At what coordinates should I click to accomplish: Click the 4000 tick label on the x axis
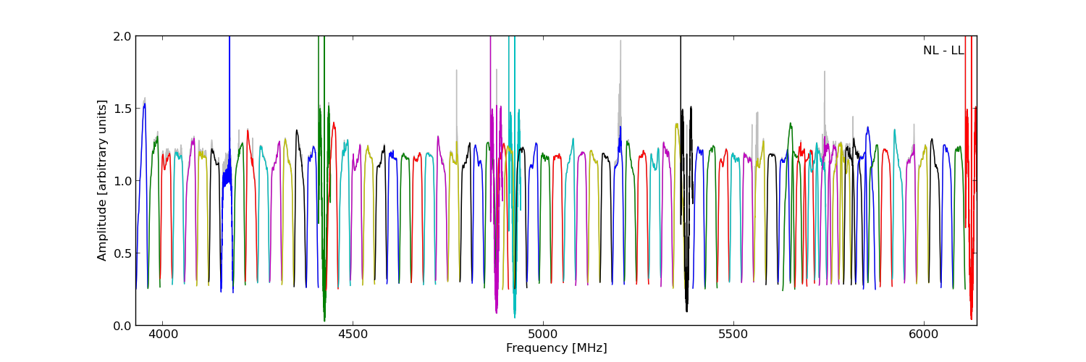162,336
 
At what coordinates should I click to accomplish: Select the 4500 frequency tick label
353,336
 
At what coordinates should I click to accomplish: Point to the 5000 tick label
543,336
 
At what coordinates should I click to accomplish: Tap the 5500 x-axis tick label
733,336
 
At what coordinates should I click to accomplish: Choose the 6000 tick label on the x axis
923,336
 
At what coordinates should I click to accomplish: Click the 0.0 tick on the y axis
122,326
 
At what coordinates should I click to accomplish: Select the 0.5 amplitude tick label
122,253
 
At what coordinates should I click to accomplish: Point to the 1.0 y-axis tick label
122,181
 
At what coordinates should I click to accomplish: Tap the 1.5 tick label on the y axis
122,109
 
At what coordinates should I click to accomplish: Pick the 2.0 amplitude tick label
122,36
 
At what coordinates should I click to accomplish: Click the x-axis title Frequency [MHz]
556,348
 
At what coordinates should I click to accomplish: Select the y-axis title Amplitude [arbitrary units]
102,180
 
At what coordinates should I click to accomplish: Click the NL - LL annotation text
943,51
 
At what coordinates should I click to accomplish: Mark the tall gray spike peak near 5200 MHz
620,41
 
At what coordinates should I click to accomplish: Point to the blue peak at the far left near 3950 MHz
144,104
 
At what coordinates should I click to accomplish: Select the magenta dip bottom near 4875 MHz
496,312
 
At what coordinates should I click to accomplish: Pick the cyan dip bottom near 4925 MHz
515,316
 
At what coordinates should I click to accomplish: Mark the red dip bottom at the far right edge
972,318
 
